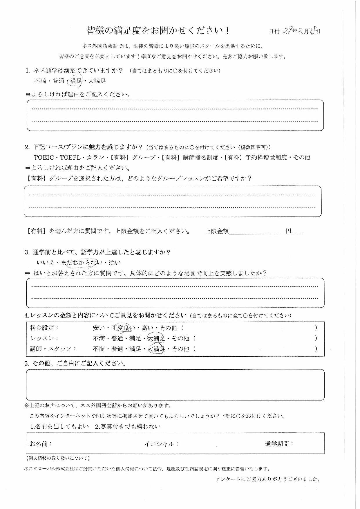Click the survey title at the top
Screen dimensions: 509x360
(x=158, y=30)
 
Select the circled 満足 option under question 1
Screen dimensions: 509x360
(x=76, y=81)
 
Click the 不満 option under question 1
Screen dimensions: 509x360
(x=40, y=81)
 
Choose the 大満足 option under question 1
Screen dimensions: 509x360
(x=97, y=81)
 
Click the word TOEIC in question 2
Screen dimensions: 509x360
(x=44, y=158)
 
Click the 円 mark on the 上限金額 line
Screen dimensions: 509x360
(x=288, y=231)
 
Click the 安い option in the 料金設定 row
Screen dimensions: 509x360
(x=99, y=328)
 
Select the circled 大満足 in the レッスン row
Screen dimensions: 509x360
(x=156, y=338)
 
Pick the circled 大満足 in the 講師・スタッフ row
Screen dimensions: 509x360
(x=156, y=349)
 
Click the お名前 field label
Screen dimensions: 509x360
(x=41, y=444)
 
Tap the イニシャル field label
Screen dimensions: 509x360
(x=161, y=444)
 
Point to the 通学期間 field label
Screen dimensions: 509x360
(x=279, y=444)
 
